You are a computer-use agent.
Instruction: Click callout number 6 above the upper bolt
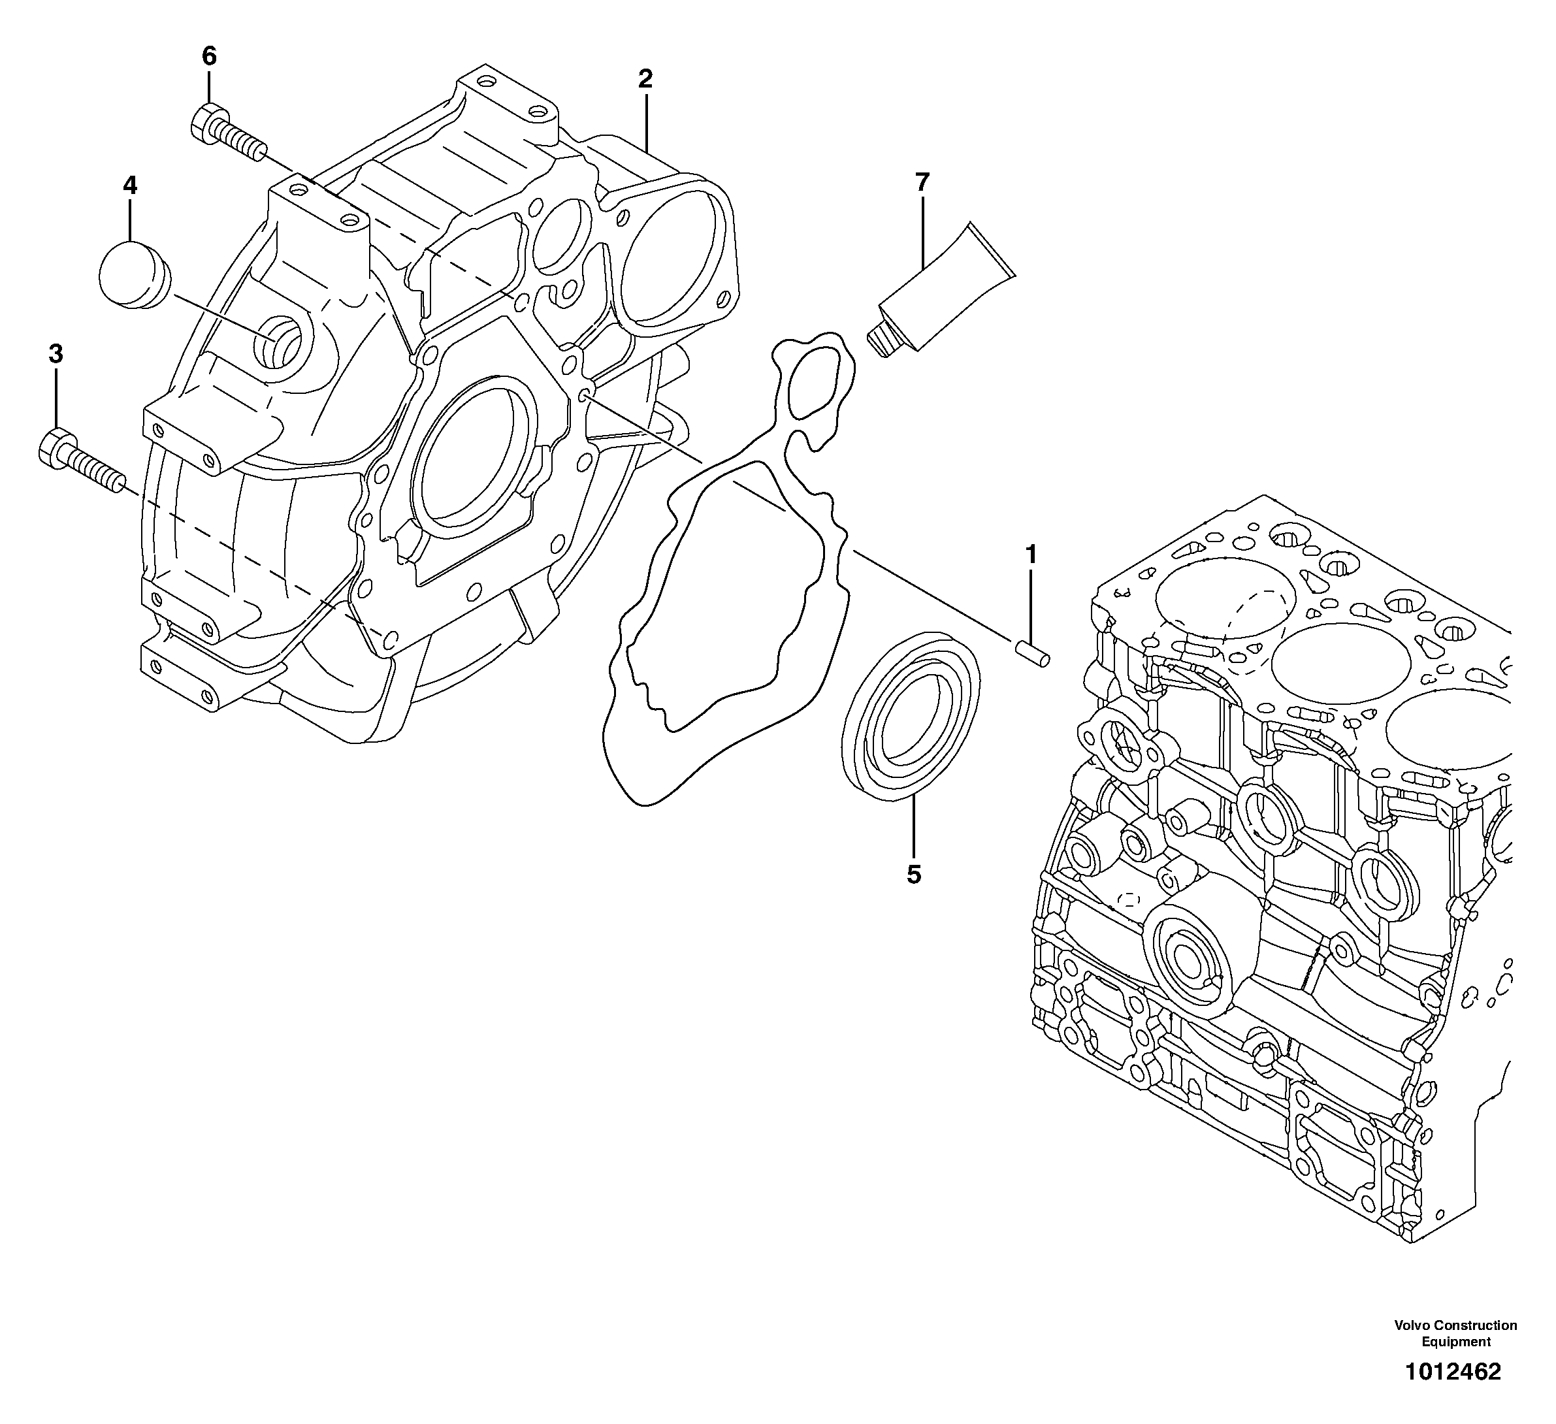click(x=209, y=56)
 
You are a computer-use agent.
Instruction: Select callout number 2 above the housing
click(x=645, y=78)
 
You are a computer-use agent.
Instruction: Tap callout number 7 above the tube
click(x=922, y=182)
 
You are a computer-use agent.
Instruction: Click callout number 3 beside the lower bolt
click(x=56, y=354)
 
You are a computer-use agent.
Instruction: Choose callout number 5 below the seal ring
click(x=914, y=875)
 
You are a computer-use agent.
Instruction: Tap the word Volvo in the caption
click(x=1412, y=1325)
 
